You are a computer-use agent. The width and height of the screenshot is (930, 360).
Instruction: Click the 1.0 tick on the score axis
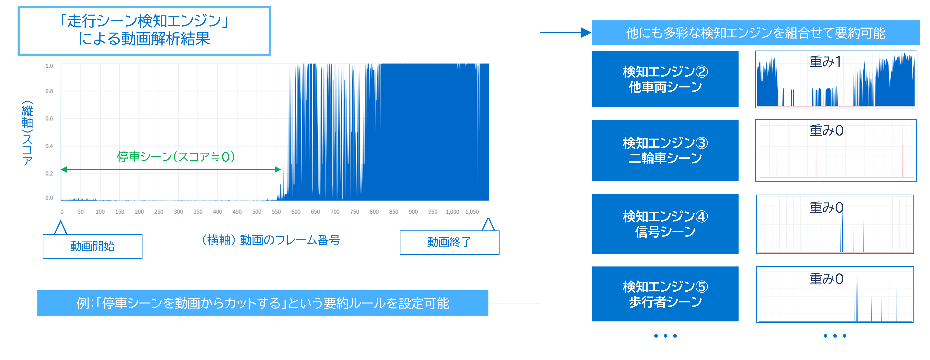[49, 66]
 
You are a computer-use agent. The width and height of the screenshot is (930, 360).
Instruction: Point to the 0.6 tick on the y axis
[49, 118]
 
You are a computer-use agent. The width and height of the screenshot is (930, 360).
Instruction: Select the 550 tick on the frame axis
[276, 212]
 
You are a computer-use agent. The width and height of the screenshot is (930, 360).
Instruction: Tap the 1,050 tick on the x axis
[472, 212]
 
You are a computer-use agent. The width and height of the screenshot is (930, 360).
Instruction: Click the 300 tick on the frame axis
[178, 212]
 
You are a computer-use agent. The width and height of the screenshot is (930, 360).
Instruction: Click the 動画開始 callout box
[92, 246]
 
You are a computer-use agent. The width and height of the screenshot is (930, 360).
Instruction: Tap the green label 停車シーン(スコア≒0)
[176, 157]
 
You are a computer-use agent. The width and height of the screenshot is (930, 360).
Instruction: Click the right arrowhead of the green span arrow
[278, 169]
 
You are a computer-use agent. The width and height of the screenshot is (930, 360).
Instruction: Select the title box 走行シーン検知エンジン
[144, 31]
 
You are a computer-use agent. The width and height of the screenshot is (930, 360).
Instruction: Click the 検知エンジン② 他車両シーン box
[665, 79]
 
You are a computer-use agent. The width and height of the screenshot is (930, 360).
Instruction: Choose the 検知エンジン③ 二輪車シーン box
[665, 150]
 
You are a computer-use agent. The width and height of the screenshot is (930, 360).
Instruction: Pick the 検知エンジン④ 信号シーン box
[665, 224]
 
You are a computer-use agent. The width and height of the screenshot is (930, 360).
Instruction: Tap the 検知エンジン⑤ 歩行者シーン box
[665, 294]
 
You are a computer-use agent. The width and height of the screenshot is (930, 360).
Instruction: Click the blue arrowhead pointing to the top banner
[586, 33]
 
